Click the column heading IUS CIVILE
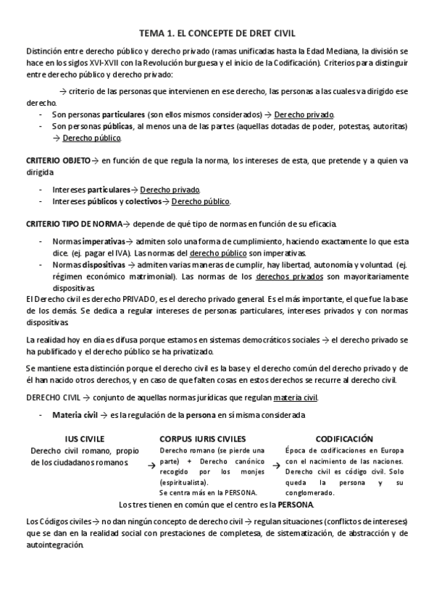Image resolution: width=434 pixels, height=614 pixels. [84, 439]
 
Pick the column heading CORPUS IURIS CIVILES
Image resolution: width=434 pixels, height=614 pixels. [202, 439]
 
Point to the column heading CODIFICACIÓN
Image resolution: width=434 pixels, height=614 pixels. [344, 439]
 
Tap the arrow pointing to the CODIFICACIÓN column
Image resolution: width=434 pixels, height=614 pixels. [276, 467]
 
